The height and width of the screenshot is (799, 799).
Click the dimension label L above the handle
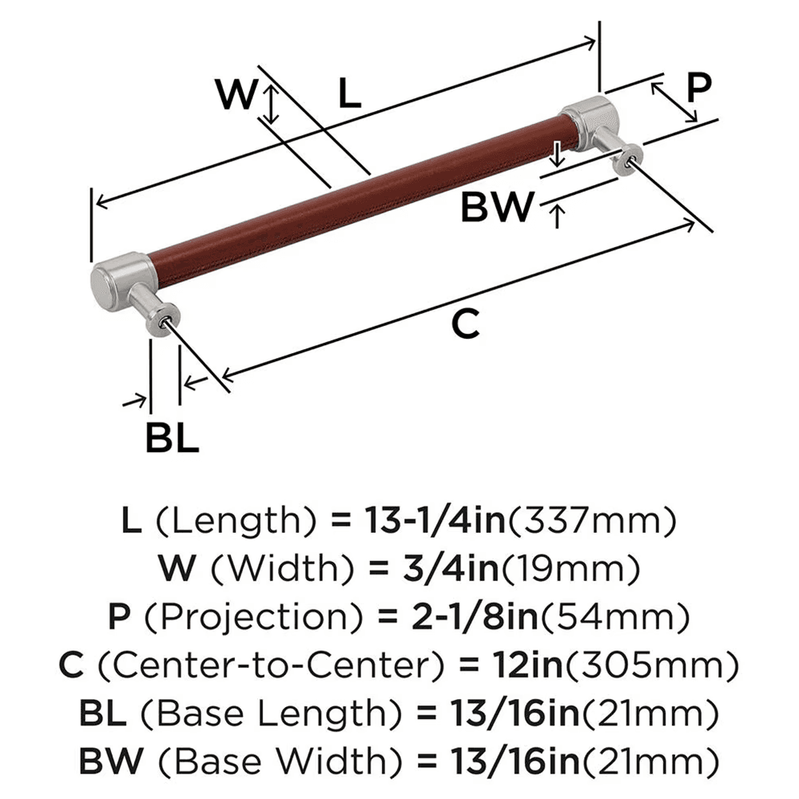(349, 93)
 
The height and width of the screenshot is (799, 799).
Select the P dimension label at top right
(698, 87)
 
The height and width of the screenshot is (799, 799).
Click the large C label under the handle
(465, 324)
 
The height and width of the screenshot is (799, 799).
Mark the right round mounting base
(626, 157)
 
